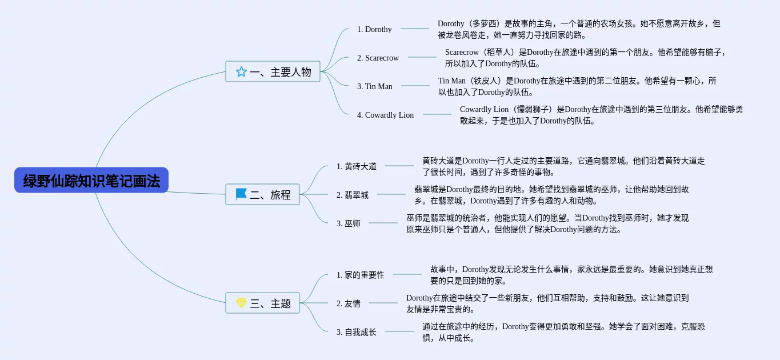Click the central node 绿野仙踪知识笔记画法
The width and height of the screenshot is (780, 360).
point(91,180)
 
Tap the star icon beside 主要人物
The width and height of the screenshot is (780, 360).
point(241,71)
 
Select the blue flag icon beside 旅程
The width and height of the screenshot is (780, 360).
point(241,194)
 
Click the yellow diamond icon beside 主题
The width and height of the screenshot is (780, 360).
point(241,303)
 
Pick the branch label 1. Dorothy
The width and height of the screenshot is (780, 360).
point(374,29)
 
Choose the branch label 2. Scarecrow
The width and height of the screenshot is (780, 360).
point(378,58)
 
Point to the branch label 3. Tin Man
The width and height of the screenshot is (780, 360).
point(374,86)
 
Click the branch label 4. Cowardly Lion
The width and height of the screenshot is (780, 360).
point(385,115)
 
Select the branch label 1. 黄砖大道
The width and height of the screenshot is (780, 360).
point(357,166)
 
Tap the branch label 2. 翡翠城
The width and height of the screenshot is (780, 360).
point(353,195)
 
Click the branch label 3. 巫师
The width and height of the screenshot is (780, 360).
point(349,223)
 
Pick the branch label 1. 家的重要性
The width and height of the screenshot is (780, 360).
point(361,275)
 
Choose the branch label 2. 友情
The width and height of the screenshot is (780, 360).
point(349,303)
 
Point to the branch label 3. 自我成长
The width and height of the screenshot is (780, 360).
point(357,332)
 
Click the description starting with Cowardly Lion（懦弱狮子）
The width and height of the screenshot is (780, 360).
point(601,115)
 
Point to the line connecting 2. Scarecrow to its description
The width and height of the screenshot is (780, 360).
point(422,57)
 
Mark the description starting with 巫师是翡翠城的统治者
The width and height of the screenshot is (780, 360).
point(547,223)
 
